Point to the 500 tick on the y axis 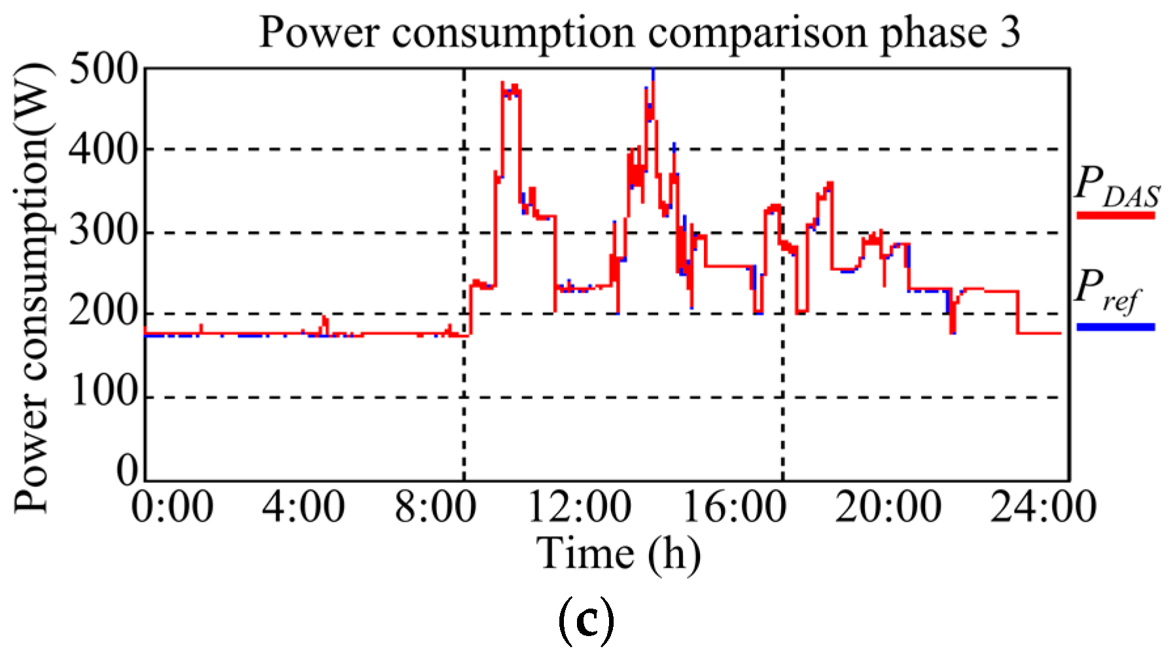click(103, 69)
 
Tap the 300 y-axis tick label click(103, 232)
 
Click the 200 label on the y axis click(103, 314)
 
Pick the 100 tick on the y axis click(103, 396)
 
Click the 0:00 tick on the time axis click(172, 508)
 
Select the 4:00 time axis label click(303, 508)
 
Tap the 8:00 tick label click(435, 508)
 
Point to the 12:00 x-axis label click(579, 508)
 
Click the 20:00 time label click(888, 508)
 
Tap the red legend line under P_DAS click(1115, 215)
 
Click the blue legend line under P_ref click(1115, 326)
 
